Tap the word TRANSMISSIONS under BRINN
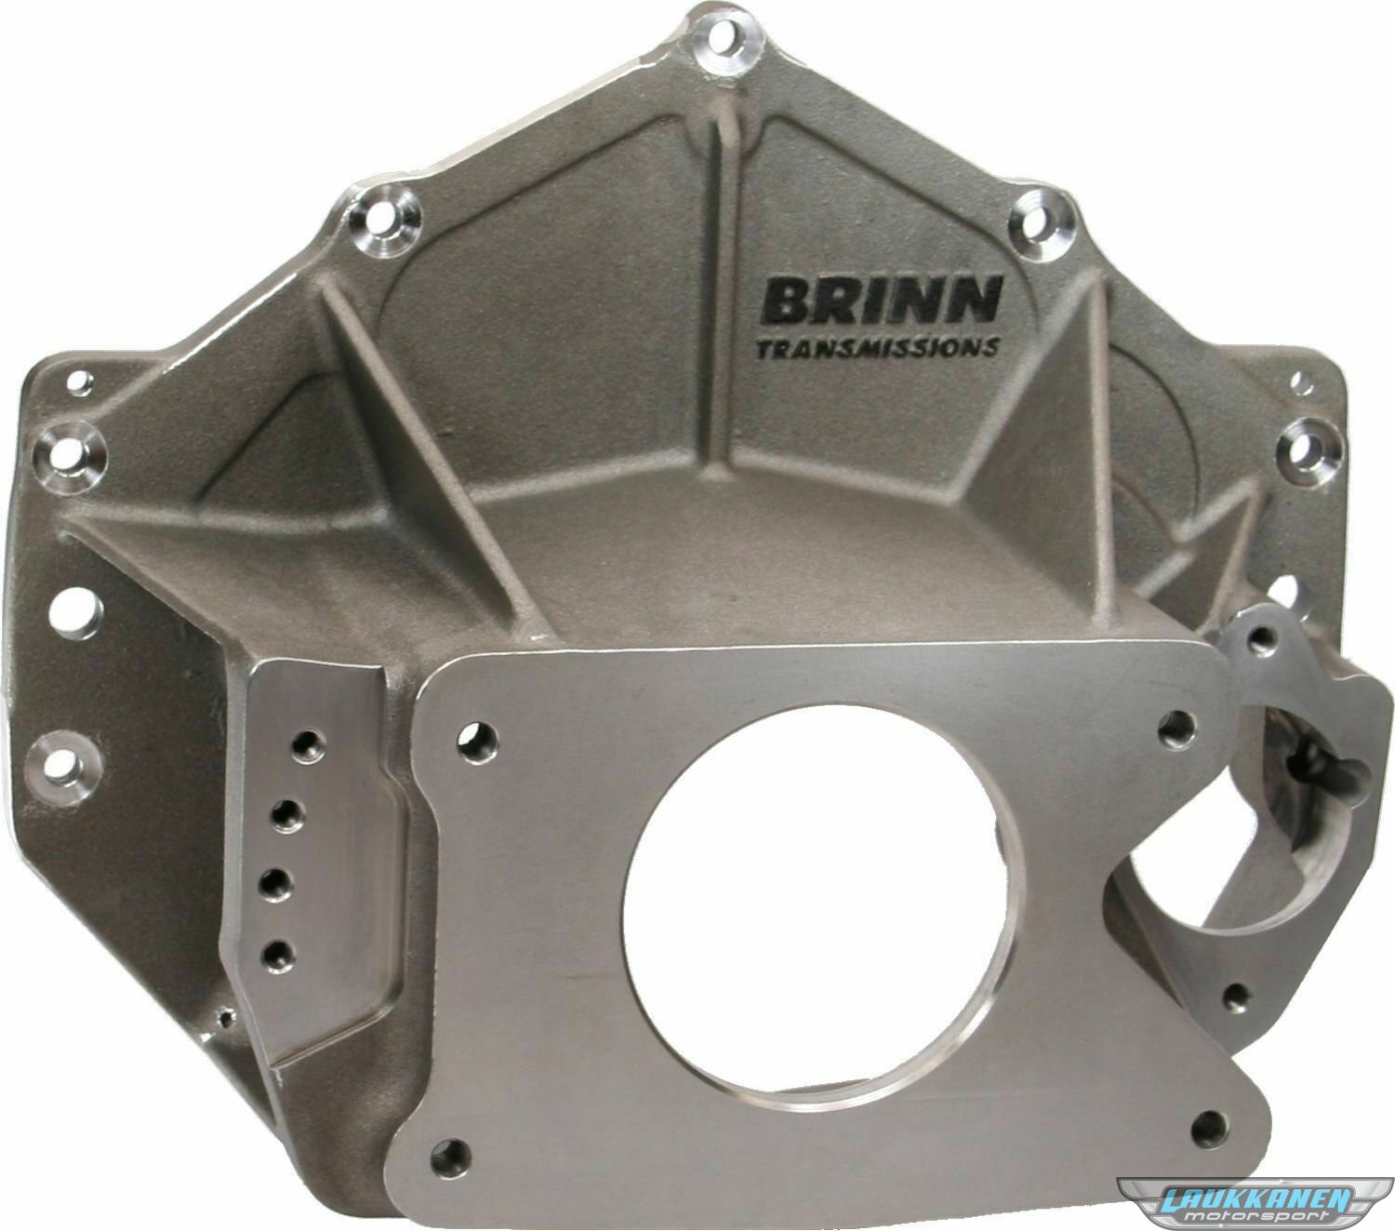(x=876, y=347)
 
